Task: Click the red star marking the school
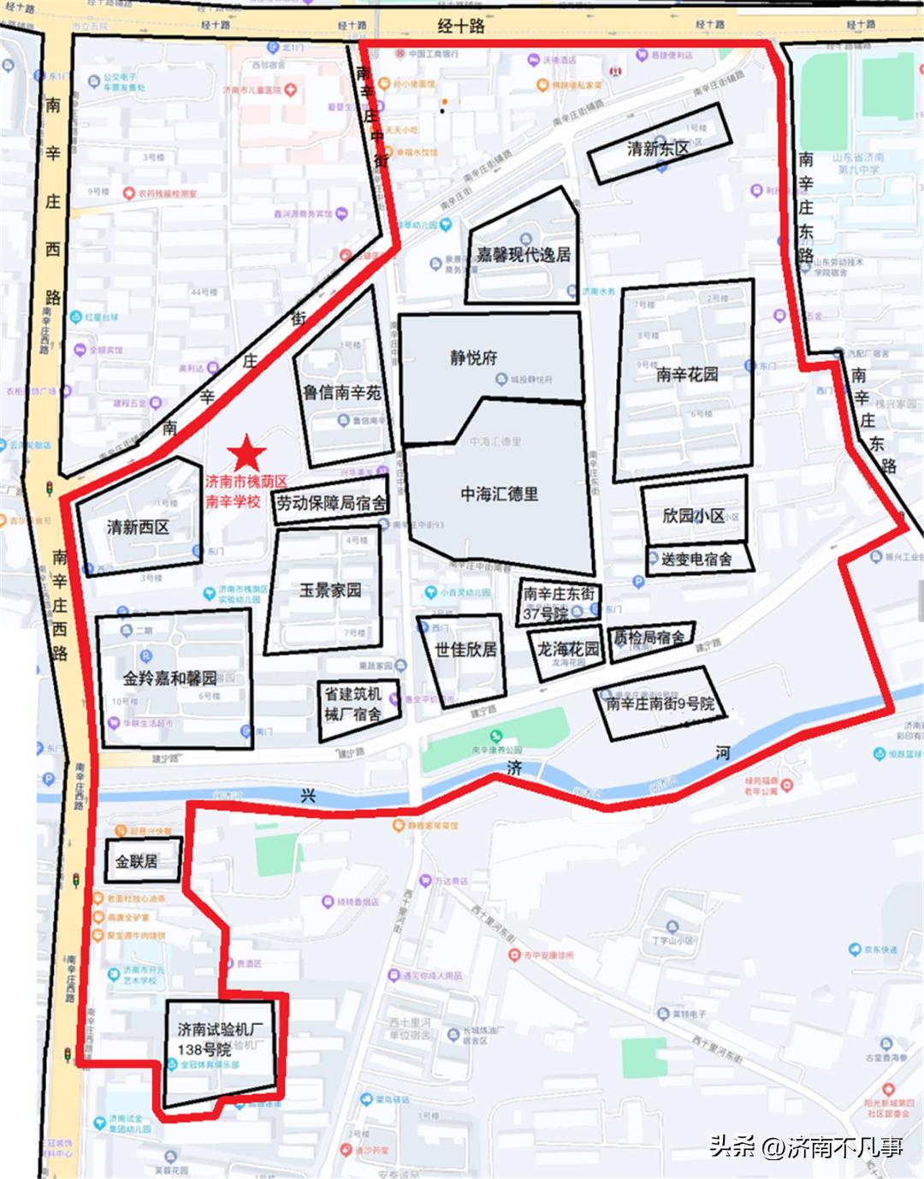[x=246, y=453]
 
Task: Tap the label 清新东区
[x=658, y=149]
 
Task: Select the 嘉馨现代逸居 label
[x=523, y=255]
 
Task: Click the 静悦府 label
[x=473, y=358]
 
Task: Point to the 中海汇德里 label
[x=500, y=494]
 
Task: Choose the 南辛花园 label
[x=687, y=374]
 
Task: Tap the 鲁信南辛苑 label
[x=341, y=393]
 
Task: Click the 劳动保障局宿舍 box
[x=330, y=504]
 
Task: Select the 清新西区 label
[x=138, y=527]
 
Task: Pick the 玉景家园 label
[x=329, y=590]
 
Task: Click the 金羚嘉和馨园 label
[x=169, y=678]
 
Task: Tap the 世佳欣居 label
[x=465, y=649]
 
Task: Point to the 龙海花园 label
[x=568, y=649]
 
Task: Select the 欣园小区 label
[x=693, y=516]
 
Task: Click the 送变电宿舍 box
[x=696, y=559]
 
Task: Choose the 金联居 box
[x=137, y=861]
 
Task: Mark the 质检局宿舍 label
[x=650, y=637]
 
